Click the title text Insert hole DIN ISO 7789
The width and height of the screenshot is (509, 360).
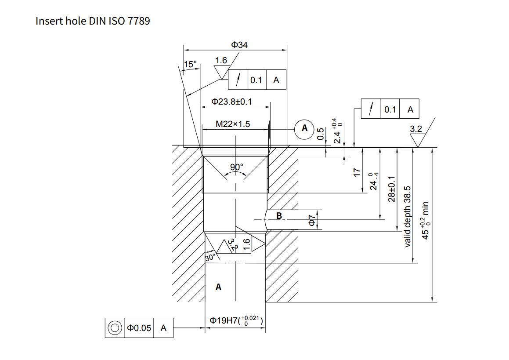(93, 21)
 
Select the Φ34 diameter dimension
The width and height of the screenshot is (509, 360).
(239, 45)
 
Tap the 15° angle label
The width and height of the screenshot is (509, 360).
(191, 64)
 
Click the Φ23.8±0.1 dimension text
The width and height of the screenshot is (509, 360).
(232, 102)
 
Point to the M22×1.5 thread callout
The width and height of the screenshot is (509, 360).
(233, 124)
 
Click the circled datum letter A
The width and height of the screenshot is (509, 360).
(304, 128)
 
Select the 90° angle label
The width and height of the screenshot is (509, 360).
(237, 167)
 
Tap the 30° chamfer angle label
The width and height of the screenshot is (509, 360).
(211, 258)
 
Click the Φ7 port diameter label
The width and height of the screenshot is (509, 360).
(311, 220)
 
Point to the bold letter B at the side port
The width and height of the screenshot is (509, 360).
(279, 216)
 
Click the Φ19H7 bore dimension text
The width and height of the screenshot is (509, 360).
(236, 320)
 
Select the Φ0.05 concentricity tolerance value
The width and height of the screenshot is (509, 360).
(139, 328)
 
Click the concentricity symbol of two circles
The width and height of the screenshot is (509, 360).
(115, 328)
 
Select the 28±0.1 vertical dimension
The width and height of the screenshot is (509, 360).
(392, 189)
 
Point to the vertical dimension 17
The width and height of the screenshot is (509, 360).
(357, 172)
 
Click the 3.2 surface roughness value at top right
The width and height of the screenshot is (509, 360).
(415, 129)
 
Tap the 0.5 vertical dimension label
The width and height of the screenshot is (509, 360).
(320, 134)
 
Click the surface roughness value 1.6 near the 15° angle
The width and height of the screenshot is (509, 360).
(221, 60)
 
